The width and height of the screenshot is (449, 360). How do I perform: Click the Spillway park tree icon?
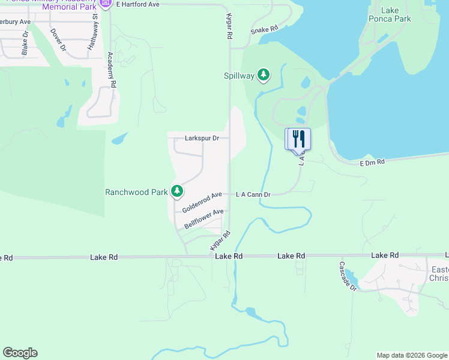pos(263,75)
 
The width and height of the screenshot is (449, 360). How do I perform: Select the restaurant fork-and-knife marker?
pos(300,139)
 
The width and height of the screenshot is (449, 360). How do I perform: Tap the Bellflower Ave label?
pos(204,217)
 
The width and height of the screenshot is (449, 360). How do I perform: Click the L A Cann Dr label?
pos(253,194)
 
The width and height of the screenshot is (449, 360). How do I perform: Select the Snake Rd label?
pos(264,29)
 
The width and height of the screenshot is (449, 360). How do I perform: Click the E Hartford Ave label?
pos(137,4)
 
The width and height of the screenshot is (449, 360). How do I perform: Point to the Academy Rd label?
pos(111,70)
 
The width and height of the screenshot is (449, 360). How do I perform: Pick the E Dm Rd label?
pos(372,163)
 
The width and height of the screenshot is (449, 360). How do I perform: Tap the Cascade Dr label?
pos(348,276)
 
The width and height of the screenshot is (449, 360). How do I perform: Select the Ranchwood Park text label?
pos(136,193)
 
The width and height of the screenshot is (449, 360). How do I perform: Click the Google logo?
pos(20,353)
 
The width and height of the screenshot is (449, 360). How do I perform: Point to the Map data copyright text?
pos(412,355)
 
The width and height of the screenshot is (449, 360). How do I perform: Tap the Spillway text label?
pos(238,76)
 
